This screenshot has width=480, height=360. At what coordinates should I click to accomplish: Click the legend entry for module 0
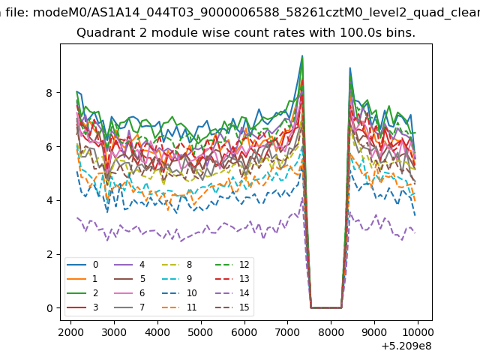82,265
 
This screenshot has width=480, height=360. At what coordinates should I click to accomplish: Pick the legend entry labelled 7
129,307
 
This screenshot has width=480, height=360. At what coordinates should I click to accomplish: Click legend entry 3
82,307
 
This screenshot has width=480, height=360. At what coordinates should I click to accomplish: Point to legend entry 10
180,293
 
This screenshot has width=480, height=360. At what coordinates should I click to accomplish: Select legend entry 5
129,278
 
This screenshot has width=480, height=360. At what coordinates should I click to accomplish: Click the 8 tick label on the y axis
49,93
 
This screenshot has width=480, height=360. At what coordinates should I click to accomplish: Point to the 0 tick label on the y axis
49,308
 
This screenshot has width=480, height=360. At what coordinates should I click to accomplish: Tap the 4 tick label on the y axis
49,200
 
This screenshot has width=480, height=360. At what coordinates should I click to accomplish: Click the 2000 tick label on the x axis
70,332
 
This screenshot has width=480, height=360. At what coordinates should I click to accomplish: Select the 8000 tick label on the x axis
331,332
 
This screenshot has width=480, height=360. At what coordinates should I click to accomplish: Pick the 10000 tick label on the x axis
418,332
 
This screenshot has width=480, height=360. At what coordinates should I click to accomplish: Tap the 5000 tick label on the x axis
201,332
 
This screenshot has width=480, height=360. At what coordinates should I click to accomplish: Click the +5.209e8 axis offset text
406,346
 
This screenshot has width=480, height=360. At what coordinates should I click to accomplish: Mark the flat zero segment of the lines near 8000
326,307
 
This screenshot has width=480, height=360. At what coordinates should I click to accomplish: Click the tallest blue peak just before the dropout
302,56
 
